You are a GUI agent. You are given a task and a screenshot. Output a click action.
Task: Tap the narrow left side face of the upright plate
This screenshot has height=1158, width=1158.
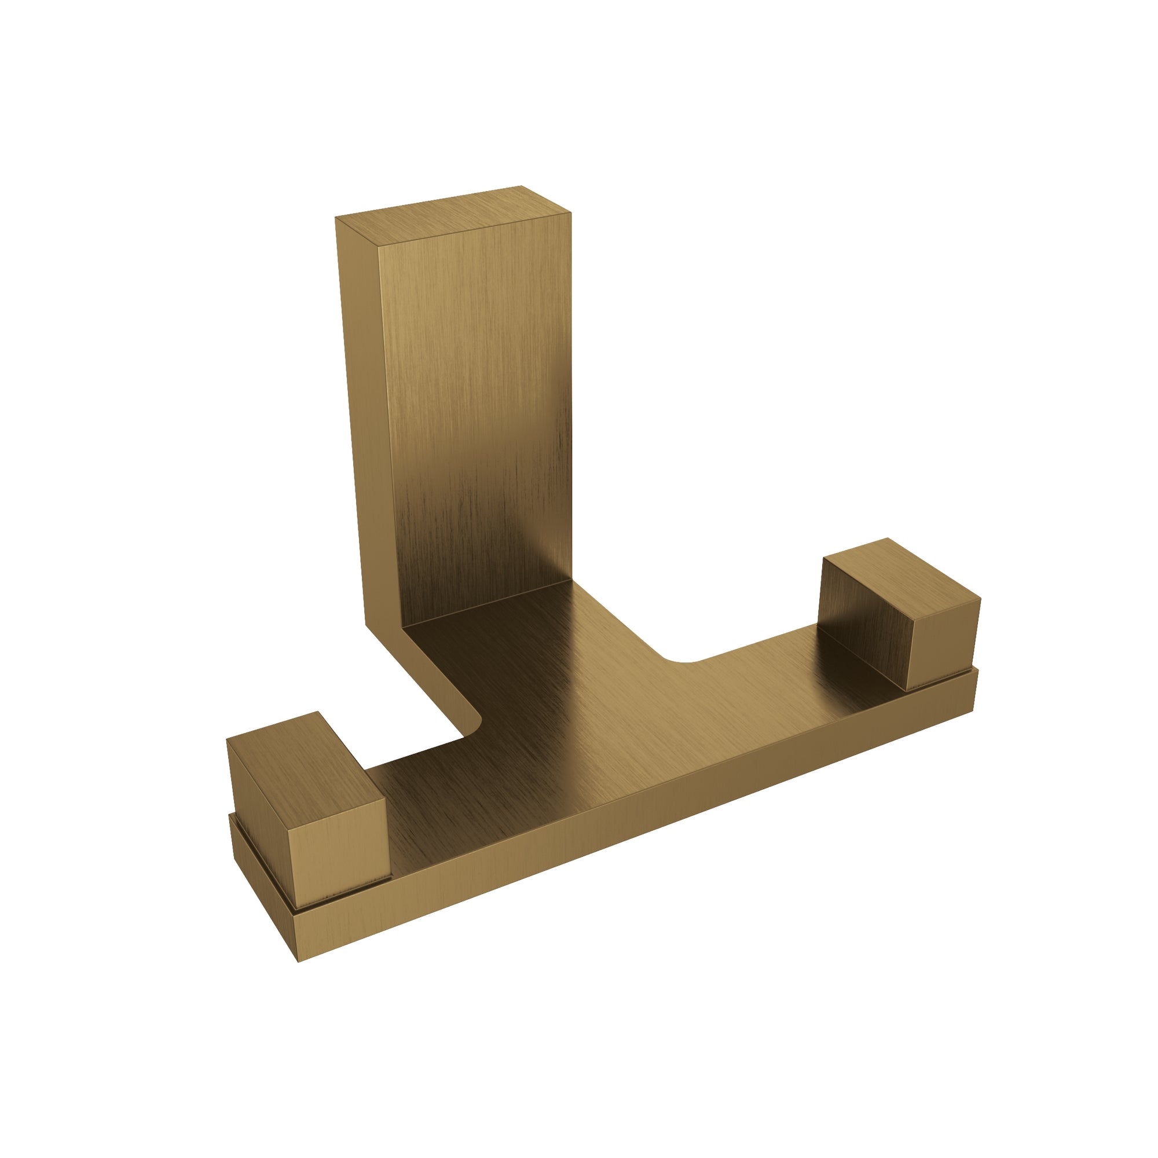tap(365, 420)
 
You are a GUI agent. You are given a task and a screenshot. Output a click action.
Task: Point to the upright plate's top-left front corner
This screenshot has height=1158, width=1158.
tap(378, 244)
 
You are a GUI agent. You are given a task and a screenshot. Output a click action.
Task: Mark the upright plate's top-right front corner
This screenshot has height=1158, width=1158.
tap(571, 212)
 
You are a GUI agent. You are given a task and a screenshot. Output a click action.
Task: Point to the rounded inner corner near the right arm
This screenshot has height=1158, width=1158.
tap(680, 659)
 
